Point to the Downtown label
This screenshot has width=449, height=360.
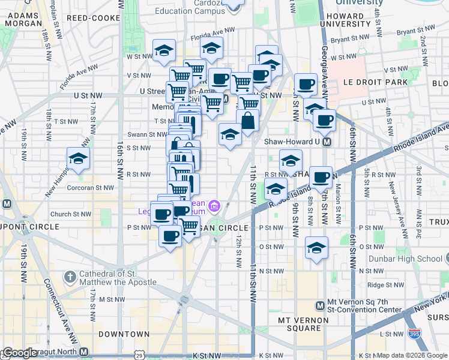click(x=124, y=334)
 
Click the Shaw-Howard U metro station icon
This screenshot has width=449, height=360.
click(x=327, y=142)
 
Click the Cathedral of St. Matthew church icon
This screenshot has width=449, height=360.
click(x=71, y=277)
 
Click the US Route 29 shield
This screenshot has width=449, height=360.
click(x=140, y=355)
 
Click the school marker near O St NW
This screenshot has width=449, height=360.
click(x=316, y=248)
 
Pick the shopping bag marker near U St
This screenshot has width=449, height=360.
click(x=247, y=121)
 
